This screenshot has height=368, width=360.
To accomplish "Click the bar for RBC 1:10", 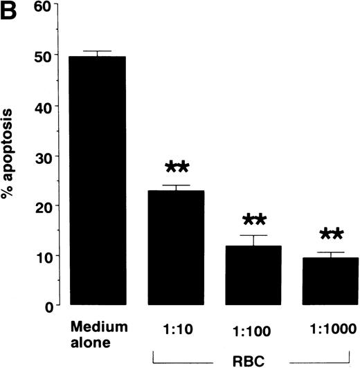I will click(x=177, y=248).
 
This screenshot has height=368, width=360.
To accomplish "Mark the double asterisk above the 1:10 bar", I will click(x=178, y=169).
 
